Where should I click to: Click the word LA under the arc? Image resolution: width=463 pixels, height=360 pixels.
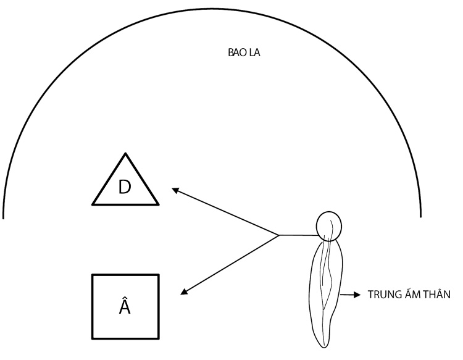pos(254,52)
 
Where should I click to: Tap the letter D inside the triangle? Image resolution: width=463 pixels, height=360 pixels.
pos(124,187)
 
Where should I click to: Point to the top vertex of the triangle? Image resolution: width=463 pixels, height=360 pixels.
pos(125,153)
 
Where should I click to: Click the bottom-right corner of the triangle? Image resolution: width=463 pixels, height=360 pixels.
pos(158,204)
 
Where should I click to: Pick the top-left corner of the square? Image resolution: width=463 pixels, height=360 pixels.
pos(93,275)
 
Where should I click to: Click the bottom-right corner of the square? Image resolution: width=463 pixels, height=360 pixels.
pos(159,338)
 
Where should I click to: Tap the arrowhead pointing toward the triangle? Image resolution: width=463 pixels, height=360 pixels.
pos(175,190)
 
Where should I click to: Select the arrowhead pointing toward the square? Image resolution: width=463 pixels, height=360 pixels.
pos(184,291)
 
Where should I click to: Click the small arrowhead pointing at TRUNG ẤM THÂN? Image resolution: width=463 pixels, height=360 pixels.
pos(357,295)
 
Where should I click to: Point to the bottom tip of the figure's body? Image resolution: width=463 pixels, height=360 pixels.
pos(324,348)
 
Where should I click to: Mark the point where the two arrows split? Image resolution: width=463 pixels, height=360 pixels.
pos(279,235)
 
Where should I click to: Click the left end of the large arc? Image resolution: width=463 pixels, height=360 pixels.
pos(3,219)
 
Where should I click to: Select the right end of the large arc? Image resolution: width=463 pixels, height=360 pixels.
pos(421,217)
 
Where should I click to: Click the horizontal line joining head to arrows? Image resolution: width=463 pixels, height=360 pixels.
pos(298,235)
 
